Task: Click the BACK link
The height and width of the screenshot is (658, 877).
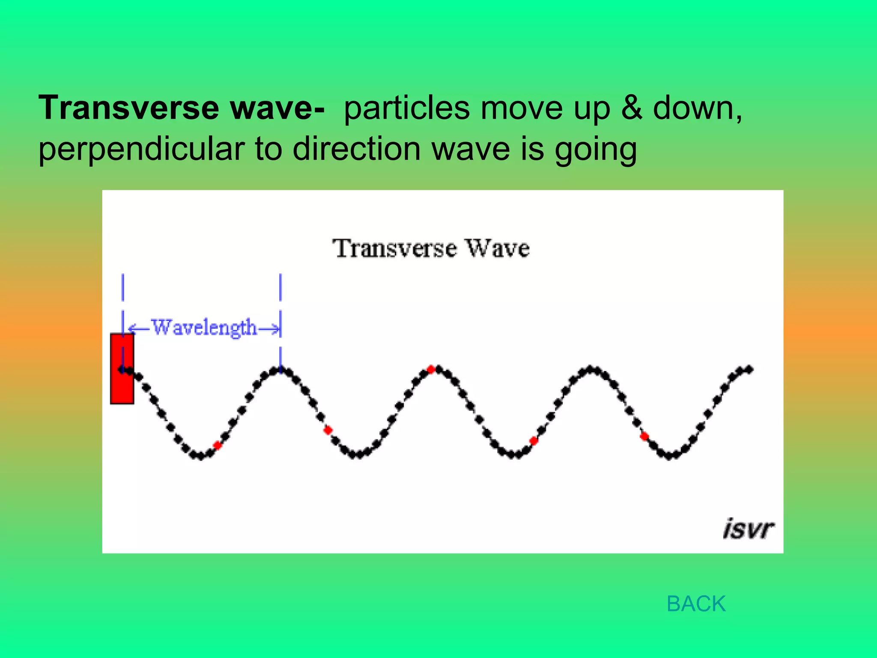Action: pos(696,604)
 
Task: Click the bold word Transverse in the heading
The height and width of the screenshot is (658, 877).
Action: pos(129,108)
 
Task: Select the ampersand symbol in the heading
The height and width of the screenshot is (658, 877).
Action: pos(632,108)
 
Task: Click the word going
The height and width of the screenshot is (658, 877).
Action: pos(595,150)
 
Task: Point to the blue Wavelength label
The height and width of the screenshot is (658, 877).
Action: pos(204,328)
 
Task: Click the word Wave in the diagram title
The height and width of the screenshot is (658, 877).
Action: pos(498,248)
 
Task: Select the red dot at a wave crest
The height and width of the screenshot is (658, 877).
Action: pos(431,369)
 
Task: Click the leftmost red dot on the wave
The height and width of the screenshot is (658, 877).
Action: pos(218,445)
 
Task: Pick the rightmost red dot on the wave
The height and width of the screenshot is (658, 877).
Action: pos(644,437)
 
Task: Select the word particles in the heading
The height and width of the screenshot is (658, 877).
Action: pos(407,108)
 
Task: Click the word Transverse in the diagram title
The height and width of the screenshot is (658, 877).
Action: pos(394,248)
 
